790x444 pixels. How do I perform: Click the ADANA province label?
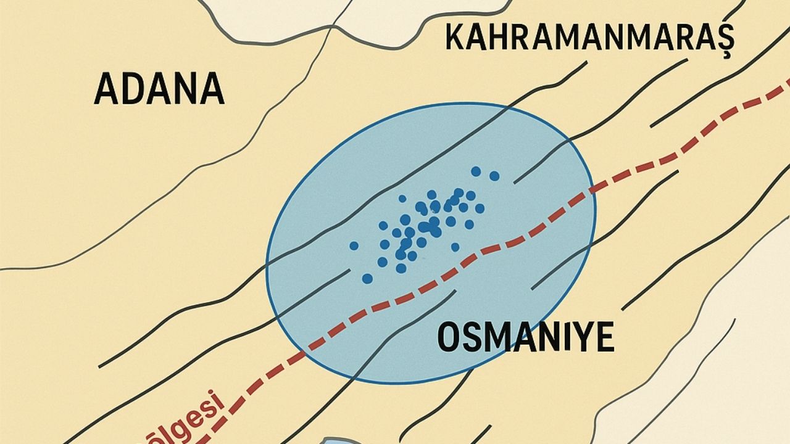(x=159, y=88)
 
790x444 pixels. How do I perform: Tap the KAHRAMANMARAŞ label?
(x=589, y=39)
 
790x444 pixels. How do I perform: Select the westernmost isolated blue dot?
(x=354, y=245)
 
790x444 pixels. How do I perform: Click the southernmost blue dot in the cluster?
(x=367, y=279)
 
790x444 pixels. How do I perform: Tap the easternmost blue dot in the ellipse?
(x=494, y=176)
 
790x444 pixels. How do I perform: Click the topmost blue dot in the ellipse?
(x=476, y=171)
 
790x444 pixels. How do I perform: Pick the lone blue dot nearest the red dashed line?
(x=455, y=247)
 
